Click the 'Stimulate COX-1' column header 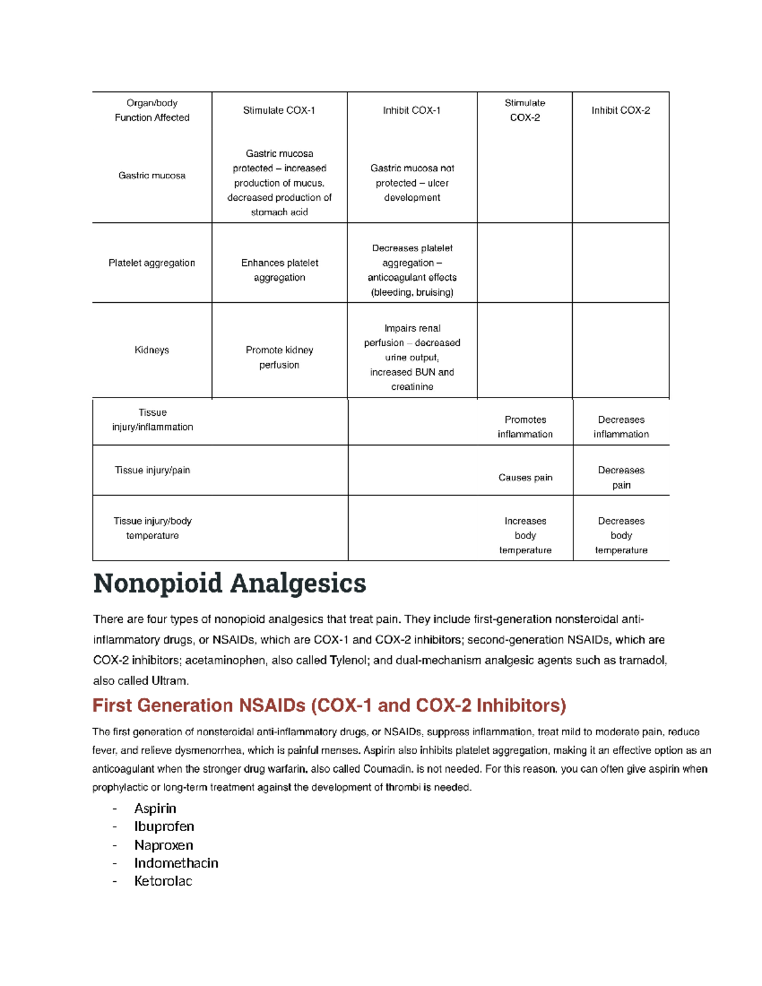pyautogui.click(x=279, y=110)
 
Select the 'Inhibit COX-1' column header pyautogui.click(x=411, y=110)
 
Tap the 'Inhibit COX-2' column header pyautogui.click(x=620, y=110)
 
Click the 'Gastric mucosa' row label pyautogui.click(x=152, y=175)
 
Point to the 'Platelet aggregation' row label pyautogui.click(x=152, y=263)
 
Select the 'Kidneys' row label pyautogui.click(x=152, y=350)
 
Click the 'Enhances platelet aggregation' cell pyautogui.click(x=279, y=270)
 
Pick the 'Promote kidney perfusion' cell pyautogui.click(x=279, y=357)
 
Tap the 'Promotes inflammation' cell pyautogui.click(x=525, y=427)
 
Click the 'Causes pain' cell pyautogui.click(x=525, y=477)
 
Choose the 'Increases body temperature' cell pyautogui.click(x=525, y=535)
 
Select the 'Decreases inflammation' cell pyautogui.click(x=621, y=427)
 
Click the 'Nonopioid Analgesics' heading pyautogui.click(x=229, y=583)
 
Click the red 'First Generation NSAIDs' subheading pyautogui.click(x=329, y=705)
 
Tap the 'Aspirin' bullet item pyautogui.click(x=155, y=808)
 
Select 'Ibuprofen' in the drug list pyautogui.click(x=164, y=827)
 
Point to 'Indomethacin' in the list pyautogui.click(x=176, y=863)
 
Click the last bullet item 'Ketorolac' pyautogui.click(x=163, y=881)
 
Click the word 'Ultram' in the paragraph pyautogui.click(x=170, y=681)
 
